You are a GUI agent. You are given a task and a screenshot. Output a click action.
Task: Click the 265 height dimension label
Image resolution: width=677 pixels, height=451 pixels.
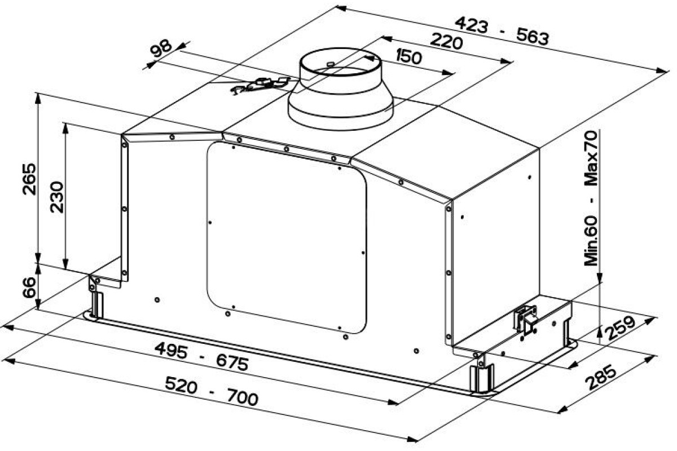[29, 179]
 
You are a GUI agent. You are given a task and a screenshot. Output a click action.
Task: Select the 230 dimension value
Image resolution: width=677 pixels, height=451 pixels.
[57, 197]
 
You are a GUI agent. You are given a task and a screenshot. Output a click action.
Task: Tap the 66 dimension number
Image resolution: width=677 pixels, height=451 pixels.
[29, 288]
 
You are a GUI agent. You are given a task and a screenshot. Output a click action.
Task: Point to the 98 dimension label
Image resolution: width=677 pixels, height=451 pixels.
[161, 49]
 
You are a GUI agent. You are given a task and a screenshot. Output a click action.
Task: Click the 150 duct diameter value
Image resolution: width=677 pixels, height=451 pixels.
[408, 57]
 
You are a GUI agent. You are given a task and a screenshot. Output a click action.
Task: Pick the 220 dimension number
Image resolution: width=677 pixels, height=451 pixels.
[446, 41]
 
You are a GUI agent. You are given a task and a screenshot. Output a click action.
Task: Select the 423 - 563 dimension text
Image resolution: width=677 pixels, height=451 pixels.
[502, 31]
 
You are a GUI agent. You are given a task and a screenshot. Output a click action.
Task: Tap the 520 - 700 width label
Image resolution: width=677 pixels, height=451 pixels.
[212, 391]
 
